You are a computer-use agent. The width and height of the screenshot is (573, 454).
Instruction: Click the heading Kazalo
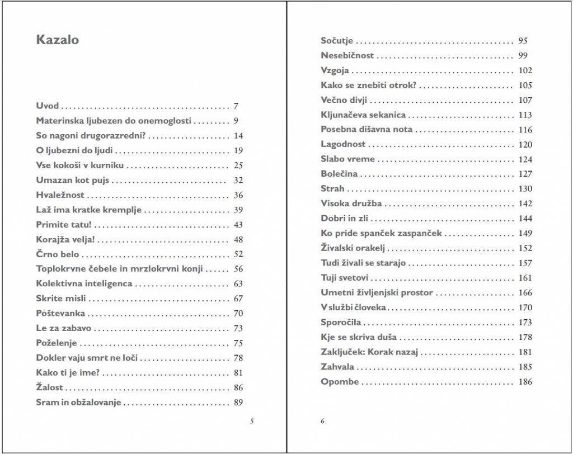pyautogui.click(x=57, y=40)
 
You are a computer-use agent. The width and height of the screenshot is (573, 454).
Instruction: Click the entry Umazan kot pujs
pyautogui.click(x=72, y=180)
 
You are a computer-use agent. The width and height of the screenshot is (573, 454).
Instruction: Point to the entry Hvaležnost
pyautogui.click(x=60, y=195)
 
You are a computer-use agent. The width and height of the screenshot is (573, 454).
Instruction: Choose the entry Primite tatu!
pyautogui.click(x=63, y=225)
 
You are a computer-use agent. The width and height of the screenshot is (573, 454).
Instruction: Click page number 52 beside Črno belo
pyautogui.click(x=238, y=254)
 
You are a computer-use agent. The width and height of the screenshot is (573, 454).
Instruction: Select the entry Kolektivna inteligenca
pyautogui.click(x=84, y=283)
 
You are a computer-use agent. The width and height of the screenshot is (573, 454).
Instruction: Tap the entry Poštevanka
pyautogui.click(x=60, y=314)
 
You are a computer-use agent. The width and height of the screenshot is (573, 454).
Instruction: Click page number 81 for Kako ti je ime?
pyautogui.click(x=238, y=373)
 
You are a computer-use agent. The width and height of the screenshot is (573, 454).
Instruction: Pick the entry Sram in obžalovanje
pyautogui.click(x=79, y=403)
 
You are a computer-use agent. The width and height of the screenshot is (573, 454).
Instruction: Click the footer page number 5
pyautogui.click(x=252, y=420)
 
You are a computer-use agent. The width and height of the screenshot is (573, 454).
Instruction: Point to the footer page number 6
pyautogui.click(x=323, y=420)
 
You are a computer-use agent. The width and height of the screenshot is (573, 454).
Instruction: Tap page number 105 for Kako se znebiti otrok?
pyautogui.click(x=525, y=86)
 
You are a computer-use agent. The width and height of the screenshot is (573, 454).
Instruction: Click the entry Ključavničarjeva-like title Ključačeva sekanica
pyautogui.click(x=363, y=115)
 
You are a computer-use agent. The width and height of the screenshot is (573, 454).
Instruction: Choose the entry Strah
pyautogui.click(x=332, y=189)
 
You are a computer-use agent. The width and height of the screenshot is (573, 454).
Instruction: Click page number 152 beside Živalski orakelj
pyautogui.click(x=525, y=248)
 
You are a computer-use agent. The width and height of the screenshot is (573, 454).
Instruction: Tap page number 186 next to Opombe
pyautogui.click(x=525, y=382)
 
